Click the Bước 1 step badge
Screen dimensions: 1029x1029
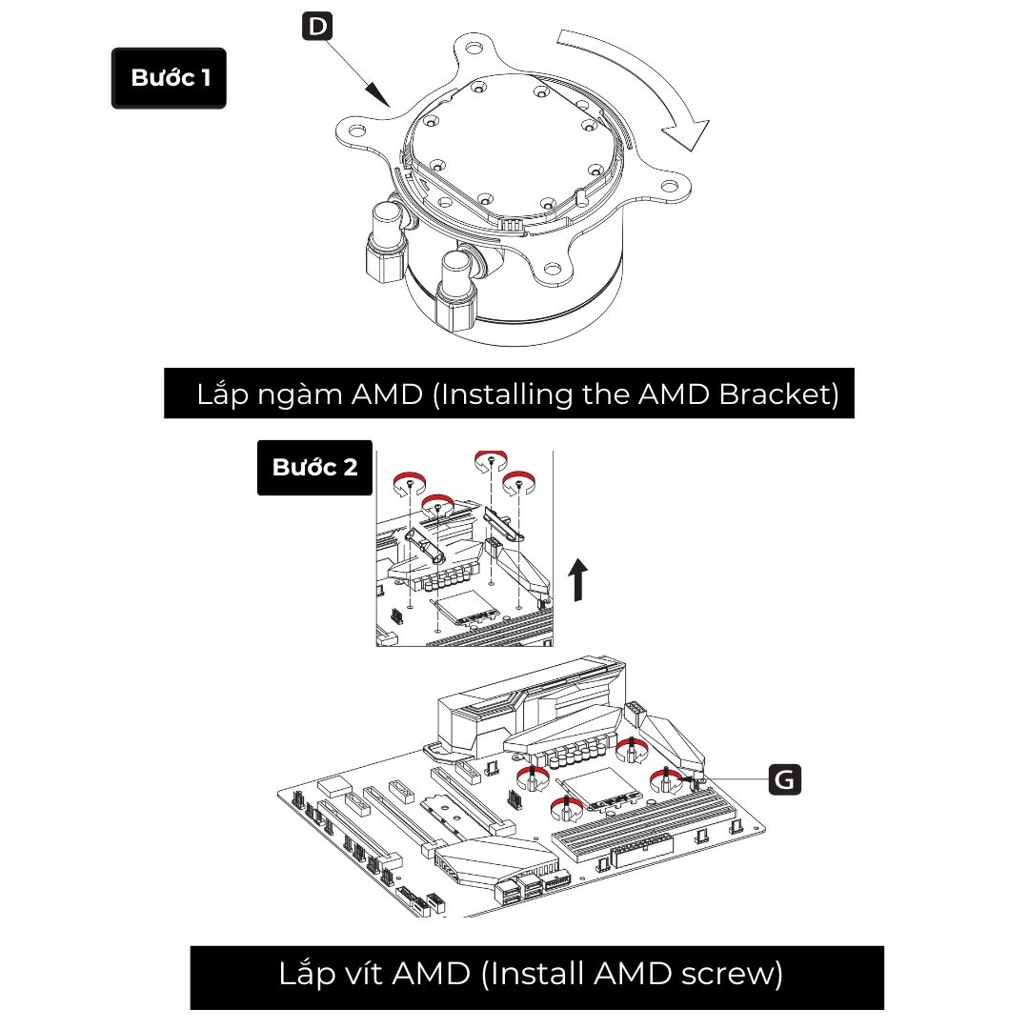170,78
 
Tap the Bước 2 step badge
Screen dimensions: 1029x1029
314,468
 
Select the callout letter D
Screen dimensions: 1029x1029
316,26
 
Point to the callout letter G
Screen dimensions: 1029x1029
785,779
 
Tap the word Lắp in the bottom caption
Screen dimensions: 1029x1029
304,975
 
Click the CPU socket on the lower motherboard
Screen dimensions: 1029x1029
597,790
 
